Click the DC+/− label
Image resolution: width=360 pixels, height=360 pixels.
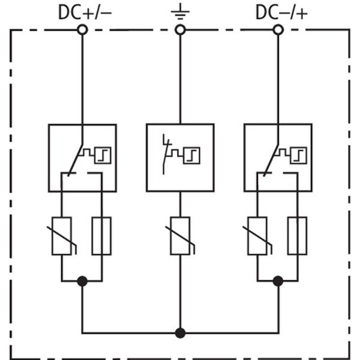pos(83,11)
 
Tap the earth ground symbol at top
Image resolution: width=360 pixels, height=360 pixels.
pos(179,11)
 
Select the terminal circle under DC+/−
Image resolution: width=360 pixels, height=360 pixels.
pos(82,29)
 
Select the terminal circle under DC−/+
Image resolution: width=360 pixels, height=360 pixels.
pos(278,29)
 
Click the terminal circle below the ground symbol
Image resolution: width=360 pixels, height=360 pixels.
pos(179,29)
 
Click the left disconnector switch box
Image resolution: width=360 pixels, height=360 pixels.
pos(82,157)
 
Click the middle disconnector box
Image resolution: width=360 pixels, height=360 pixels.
pos(180,157)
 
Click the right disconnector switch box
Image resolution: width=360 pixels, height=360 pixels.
pos(278,157)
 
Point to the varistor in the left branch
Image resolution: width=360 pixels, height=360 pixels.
pos(62,236)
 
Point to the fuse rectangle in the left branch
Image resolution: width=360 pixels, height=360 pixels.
pos(101,236)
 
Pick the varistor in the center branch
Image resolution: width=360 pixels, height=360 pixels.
pos(180,236)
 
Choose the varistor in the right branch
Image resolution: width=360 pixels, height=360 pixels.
pos(257,236)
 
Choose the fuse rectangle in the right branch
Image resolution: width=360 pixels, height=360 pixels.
pos(297,236)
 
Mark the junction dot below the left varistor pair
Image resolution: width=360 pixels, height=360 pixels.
pos(82,281)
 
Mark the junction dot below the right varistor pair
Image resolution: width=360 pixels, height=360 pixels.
pos(278,281)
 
